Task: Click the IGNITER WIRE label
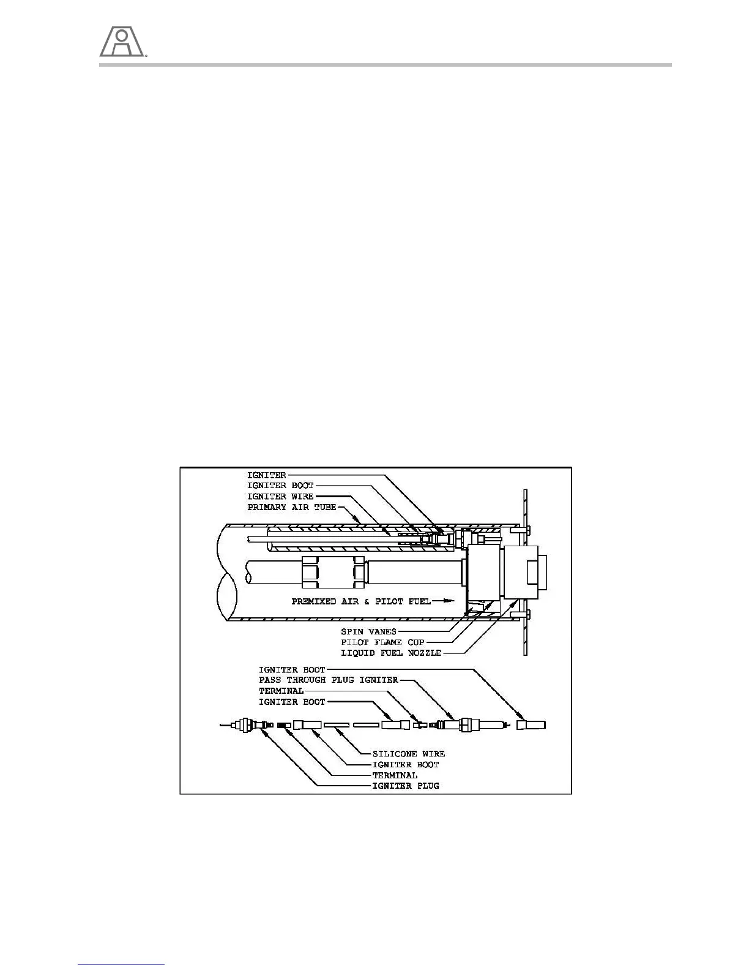coord(280,497)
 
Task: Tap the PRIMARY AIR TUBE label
coord(292,508)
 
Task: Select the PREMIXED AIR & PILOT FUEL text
coord(361,602)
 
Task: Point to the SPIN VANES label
coord(369,631)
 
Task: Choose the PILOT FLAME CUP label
coord(383,642)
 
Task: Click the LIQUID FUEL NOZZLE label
coord(391,653)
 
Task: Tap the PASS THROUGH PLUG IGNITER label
coord(329,680)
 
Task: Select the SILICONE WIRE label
coord(409,754)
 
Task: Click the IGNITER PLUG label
coord(406,786)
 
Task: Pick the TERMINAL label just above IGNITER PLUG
coord(395,775)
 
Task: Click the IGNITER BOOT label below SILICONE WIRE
coord(406,765)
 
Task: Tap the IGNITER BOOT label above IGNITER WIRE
coord(280,486)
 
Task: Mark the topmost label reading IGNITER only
coord(266,475)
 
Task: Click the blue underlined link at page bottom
coord(122,966)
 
